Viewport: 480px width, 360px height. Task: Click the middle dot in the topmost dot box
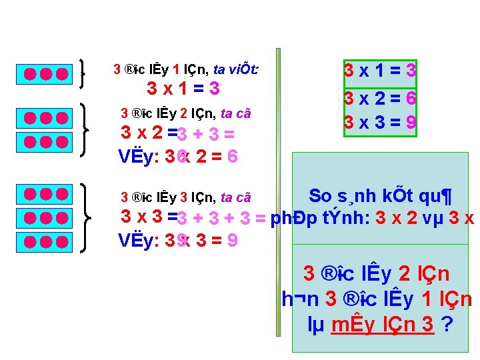(45, 74)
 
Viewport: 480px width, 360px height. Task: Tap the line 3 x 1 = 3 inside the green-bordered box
(380, 69)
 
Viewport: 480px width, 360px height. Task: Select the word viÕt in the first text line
(245, 69)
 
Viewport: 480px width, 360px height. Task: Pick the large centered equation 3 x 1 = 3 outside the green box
(183, 89)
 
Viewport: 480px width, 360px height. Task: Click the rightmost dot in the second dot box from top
(61, 119)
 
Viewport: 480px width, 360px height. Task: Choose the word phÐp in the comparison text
(289, 218)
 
